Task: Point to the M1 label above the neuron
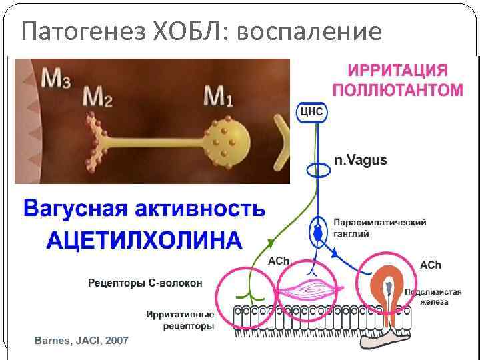pos(218,97)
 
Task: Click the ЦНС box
pos(311,111)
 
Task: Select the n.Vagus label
pos(360,161)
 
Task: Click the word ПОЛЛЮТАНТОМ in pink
pos(397,89)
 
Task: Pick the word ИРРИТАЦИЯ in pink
pos(397,71)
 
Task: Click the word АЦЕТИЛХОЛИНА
pos(144,239)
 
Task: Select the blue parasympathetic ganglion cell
pos(318,233)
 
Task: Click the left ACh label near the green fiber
pos(278,261)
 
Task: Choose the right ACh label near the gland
pos(430,265)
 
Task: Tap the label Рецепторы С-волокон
pos(145,283)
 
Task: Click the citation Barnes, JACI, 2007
pos(81,341)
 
